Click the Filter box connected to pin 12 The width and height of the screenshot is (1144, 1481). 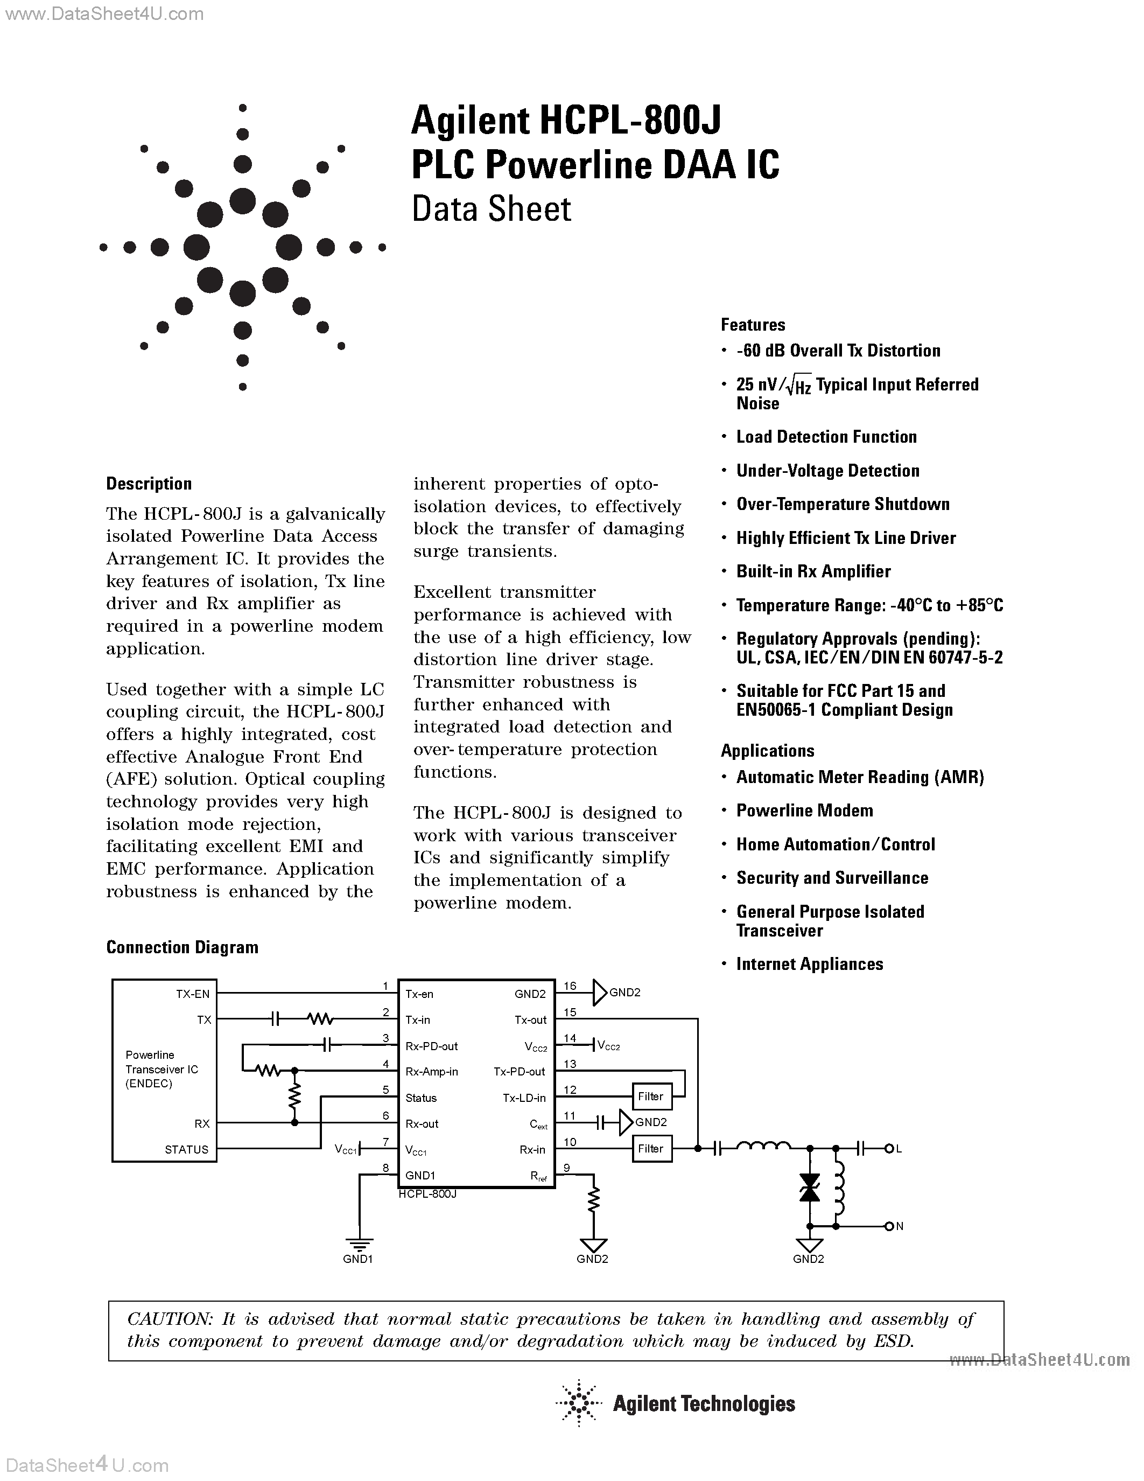[x=651, y=1096]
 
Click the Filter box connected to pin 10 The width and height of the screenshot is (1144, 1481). [x=651, y=1149]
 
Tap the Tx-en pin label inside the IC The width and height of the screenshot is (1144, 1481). [x=419, y=994]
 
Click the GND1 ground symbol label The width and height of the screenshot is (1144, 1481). [x=358, y=1259]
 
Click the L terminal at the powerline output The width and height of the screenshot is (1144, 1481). [x=899, y=1149]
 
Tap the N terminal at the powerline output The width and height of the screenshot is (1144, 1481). [x=900, y=1227]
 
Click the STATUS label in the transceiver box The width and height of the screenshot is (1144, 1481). [x=186, y=1149]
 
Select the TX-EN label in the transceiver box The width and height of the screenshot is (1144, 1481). [x=193, y=994]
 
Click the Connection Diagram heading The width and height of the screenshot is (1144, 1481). [x=183, y=947]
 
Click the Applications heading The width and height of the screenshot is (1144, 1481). [x=767, y=751]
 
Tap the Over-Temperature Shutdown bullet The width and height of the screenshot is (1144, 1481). [x=843, y=505]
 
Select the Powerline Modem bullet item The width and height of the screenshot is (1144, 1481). [x=804, y=811]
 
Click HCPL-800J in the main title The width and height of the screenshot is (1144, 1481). [x=630, y=121]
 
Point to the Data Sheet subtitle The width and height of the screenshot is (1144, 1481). [x=492, y=209]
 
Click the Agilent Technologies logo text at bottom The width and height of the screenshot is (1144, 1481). [x=704, y=1403]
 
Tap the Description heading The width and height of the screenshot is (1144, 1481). [x=149, y=484]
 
